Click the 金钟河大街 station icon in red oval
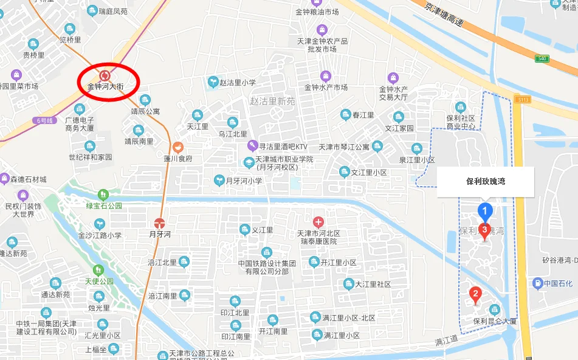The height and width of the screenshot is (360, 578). coord(105,75)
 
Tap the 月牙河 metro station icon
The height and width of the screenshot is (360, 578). coord(160,223)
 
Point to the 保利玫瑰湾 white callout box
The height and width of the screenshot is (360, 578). coord(486,181)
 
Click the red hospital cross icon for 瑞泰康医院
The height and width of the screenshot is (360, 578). coord(318,221)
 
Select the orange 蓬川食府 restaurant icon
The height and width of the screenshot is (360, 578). coord(177,147)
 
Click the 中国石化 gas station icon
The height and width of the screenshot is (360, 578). coord(537,283)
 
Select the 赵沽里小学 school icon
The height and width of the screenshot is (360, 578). coord(213,81)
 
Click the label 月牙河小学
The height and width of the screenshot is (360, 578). coord(244,181)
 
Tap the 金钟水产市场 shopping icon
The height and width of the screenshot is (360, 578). coord(326,75)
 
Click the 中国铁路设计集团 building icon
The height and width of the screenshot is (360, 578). coord(266,252)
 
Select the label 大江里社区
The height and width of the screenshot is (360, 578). coord(373,284)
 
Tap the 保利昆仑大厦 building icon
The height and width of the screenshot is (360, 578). coord(495,309)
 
